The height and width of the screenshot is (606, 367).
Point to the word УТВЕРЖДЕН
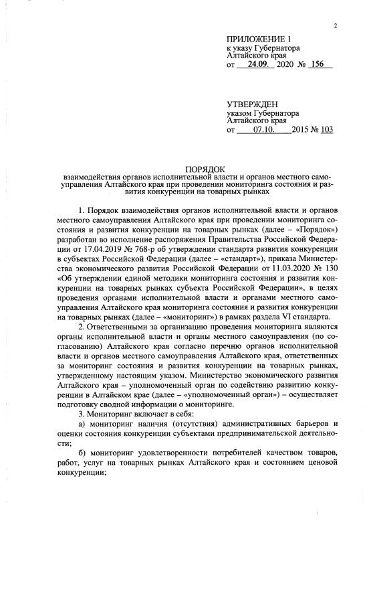(x=252, y=105)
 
